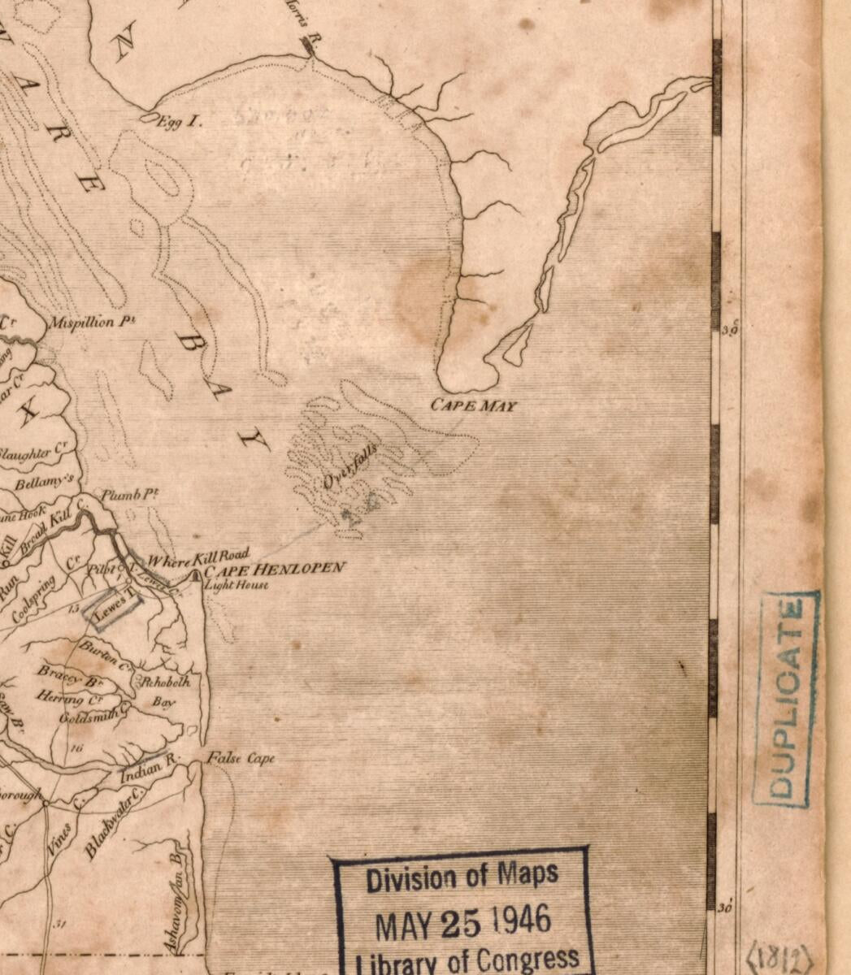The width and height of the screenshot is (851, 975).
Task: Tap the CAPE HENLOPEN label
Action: (x=276, y=568)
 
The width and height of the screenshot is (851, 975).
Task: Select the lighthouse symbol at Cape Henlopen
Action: (x=195, y=575)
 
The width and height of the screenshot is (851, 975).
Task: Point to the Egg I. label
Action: (x=177, y=122)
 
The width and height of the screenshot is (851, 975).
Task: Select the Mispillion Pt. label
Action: (x=92, y=322)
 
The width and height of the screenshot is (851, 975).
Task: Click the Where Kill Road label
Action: (x=198, y=558)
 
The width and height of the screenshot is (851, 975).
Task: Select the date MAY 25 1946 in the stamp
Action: (x=462, y=922)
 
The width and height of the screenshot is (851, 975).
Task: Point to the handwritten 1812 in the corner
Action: (x=779, y=955)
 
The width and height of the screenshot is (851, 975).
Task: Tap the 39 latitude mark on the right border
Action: (x=729, y=330)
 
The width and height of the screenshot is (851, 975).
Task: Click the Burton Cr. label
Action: (x=105, y=654)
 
